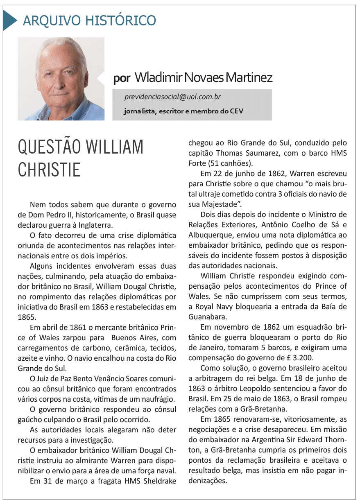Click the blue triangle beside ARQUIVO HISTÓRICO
tap(9, 20)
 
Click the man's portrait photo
tap(61, 79)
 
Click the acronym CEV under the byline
tap(235, 111)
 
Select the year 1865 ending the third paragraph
tap(26, 317)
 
